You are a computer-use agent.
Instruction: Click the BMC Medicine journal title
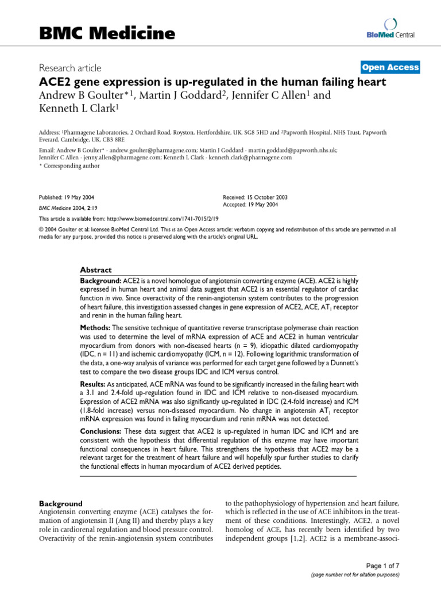tap(107, 33)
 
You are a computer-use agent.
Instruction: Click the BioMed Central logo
tap(392, 29)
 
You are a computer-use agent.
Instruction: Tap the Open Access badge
tap(390, 67)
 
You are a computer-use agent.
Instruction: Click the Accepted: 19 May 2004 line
tap(251, 205)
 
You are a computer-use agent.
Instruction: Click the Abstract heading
tap(96, 270)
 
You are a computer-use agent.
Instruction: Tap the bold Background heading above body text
tap(60, 503)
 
